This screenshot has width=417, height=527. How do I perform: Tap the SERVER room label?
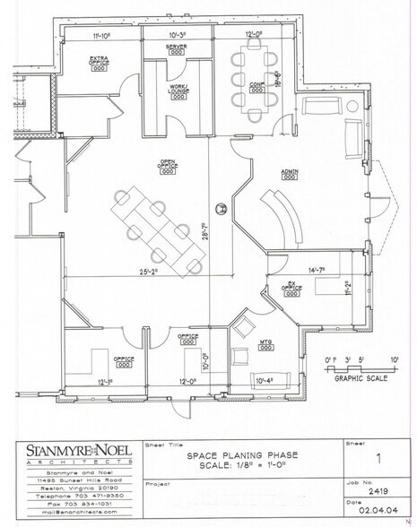[177, 45]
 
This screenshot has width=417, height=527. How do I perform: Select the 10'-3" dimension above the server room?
[178, 35]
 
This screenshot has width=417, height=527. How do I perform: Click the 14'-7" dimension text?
[314, 270]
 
